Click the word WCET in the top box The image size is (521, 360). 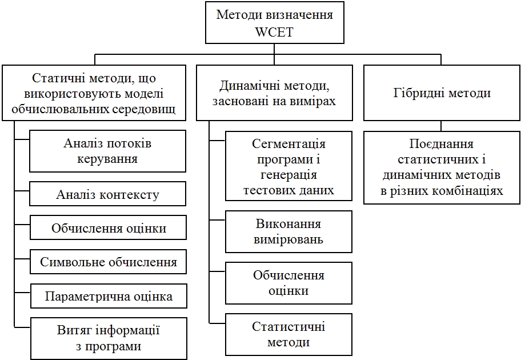[274, 32]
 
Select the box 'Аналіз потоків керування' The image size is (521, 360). [107, 151]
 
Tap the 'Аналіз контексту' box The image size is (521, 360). [107, 194]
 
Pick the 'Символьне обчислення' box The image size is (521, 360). [109, 262]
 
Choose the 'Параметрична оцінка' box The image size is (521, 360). [109, 296]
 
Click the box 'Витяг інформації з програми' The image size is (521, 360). [109, 338]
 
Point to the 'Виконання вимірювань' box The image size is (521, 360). [288, 231]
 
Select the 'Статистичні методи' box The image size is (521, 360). [288, 334]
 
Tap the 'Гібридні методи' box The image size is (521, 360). [442, 93]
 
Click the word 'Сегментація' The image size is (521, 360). [288, 144]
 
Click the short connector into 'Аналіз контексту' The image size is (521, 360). [22, 190]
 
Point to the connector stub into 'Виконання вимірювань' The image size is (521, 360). [217, 220]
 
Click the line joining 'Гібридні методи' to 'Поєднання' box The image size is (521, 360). [441, 126]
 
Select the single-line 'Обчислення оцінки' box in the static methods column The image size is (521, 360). [109, 227]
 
